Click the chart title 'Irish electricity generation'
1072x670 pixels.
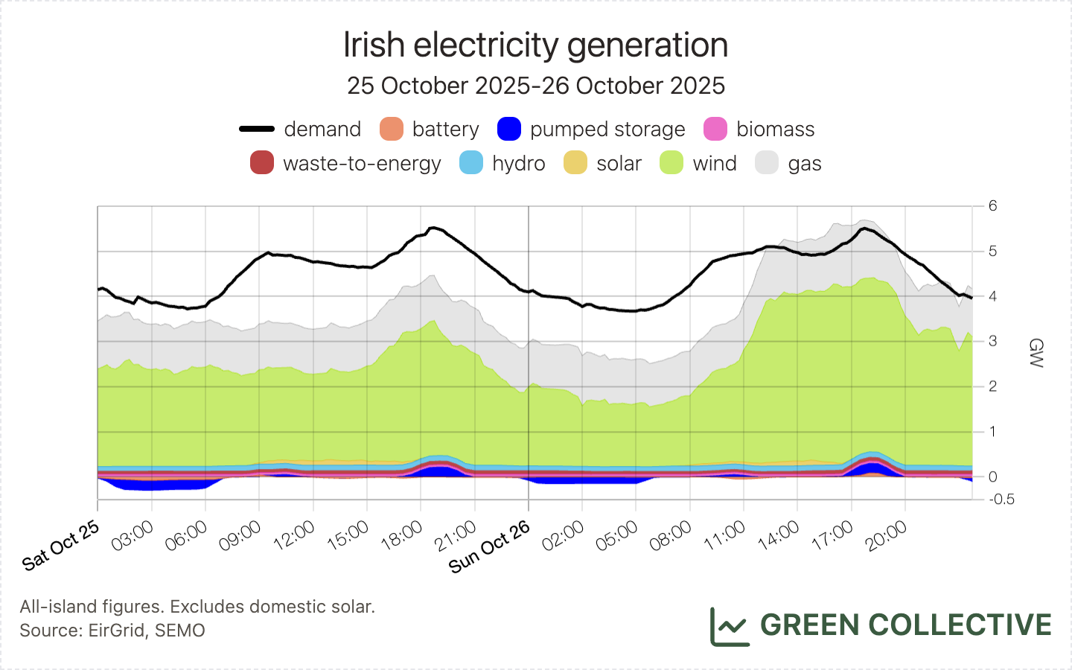[535, 45]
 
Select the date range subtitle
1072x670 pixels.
[535, 86]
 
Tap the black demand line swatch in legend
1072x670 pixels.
[257, 129]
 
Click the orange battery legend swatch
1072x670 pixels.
[392, 129]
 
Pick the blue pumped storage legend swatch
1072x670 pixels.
[509, 129]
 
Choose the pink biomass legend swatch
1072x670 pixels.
[715, 129]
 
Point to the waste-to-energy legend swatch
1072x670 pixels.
[262, 163]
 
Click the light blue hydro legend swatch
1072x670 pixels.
[471, 163]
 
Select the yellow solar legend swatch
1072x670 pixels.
[575, 163]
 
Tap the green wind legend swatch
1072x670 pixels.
[671, 163]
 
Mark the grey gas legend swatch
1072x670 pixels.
[767, 163]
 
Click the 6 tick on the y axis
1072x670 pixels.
[992, 206]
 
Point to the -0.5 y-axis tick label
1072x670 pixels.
[1001, 500]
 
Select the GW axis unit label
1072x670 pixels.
[1036, 353]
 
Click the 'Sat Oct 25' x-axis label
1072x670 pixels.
[61, 546]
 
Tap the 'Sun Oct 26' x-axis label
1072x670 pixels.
[490, 547]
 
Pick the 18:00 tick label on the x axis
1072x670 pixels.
[402, 536]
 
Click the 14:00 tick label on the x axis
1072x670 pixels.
[779, 536]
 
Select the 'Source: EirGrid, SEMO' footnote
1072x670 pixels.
[112, 631]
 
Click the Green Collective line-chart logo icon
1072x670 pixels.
[729, 626]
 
